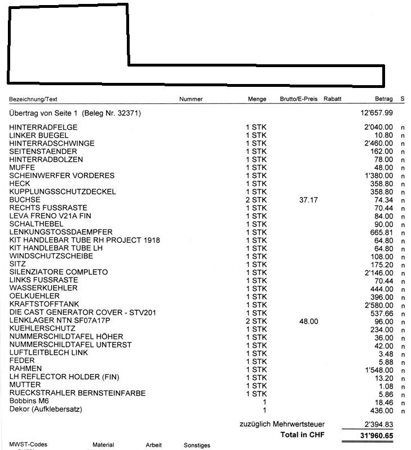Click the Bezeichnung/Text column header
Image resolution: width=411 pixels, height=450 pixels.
33,99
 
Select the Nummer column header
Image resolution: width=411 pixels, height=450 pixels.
191,99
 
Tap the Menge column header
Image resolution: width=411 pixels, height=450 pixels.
257,99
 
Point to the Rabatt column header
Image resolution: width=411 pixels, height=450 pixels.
333,99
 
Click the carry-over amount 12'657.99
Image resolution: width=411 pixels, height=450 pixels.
377,113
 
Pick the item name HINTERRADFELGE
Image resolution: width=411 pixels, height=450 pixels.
43,127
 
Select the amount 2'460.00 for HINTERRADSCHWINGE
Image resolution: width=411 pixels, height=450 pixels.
379,144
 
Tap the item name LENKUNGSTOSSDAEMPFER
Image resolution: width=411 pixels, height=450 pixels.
61,232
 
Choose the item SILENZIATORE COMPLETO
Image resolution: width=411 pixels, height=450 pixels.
59,272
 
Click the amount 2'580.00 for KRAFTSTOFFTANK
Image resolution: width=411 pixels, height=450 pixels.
379,305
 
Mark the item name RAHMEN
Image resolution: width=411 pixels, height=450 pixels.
26,369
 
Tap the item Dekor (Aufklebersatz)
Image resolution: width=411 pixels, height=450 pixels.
46,409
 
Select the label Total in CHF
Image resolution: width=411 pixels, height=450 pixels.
303,435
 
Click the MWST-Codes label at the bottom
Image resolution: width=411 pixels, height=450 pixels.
28,445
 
